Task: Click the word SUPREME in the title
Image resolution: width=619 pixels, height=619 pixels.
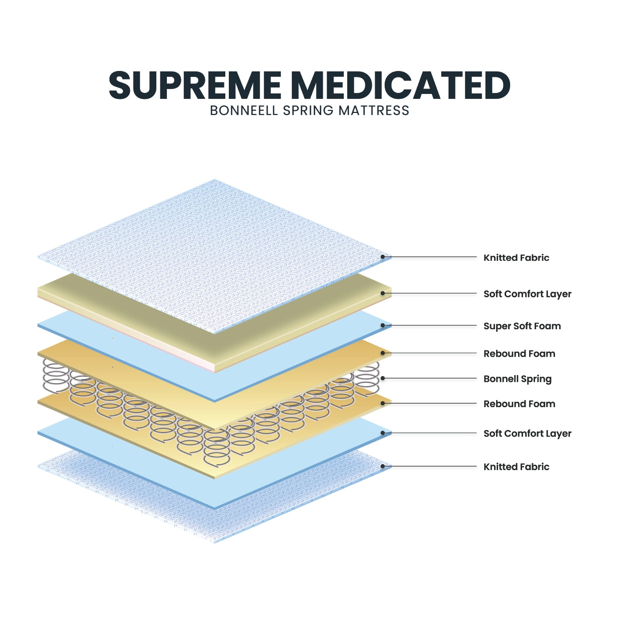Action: [195, 85]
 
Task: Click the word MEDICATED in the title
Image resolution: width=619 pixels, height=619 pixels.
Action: [400, 85]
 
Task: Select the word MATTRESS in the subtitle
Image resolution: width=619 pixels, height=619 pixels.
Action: [374, 110]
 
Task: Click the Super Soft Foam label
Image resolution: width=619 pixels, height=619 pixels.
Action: [522, 326]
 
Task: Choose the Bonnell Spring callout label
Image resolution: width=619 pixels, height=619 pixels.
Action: [517, 379]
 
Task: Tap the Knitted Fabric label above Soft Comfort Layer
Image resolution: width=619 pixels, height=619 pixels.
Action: [516, 258]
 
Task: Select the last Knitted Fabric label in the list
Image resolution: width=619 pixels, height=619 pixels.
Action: [516, 467]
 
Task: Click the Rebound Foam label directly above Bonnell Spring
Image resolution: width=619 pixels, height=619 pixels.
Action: [519, 354]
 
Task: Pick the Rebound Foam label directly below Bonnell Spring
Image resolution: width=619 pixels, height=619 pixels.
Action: [519, 404]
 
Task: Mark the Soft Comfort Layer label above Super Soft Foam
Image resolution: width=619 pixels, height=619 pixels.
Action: [527, 294]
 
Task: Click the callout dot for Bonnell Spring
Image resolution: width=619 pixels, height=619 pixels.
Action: [383, 378]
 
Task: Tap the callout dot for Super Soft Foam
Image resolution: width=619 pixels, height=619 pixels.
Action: [383, 325]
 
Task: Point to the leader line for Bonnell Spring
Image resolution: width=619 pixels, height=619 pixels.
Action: [430, 378]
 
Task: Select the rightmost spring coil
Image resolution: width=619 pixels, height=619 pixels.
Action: [367, 377]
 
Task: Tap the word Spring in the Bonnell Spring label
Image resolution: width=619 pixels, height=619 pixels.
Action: [536, 379]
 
